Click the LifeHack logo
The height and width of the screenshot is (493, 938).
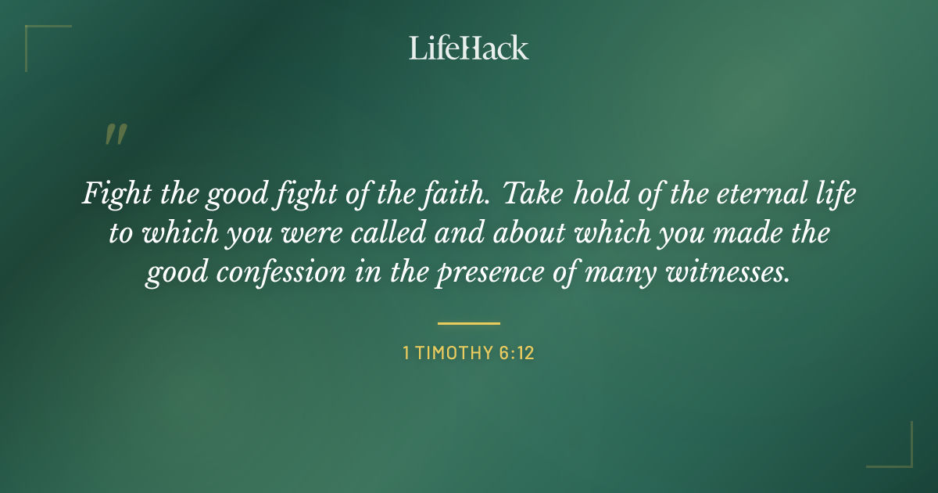click(x=469, y=48)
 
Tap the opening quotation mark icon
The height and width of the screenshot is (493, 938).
click(x=115, y=135)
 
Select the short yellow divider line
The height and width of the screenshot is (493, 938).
click(x=469, y=322)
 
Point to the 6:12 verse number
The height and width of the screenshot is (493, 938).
click(x=517, y=353)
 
